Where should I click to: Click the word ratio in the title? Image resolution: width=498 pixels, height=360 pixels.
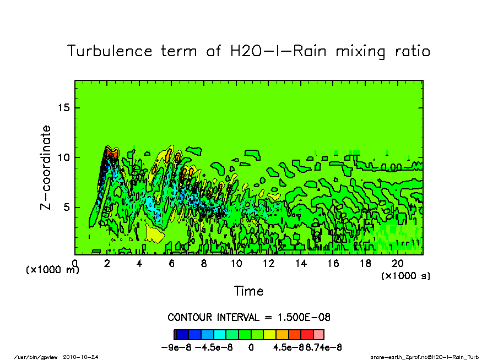coord(410,51)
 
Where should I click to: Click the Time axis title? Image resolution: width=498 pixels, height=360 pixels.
coord(248,291)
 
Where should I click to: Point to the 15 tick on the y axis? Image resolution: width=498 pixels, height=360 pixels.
coord(64,107)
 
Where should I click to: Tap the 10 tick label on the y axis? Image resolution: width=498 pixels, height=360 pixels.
coord(64,157)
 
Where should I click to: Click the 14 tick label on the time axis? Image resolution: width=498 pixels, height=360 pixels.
coord(301,264)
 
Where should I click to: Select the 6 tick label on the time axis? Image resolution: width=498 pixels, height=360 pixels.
coord(171,264)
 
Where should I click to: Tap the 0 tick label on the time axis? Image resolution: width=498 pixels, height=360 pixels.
coord(75,264)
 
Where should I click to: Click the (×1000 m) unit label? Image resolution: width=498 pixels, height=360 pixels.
coord(53,270)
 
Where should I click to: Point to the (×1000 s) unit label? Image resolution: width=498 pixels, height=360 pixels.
coord(405,276)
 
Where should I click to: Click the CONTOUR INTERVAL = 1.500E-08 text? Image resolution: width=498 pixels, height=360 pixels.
coord(248,318)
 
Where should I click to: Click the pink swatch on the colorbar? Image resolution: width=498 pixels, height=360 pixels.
coord(318,334)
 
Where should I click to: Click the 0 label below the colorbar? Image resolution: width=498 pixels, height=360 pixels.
coord(251,347)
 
